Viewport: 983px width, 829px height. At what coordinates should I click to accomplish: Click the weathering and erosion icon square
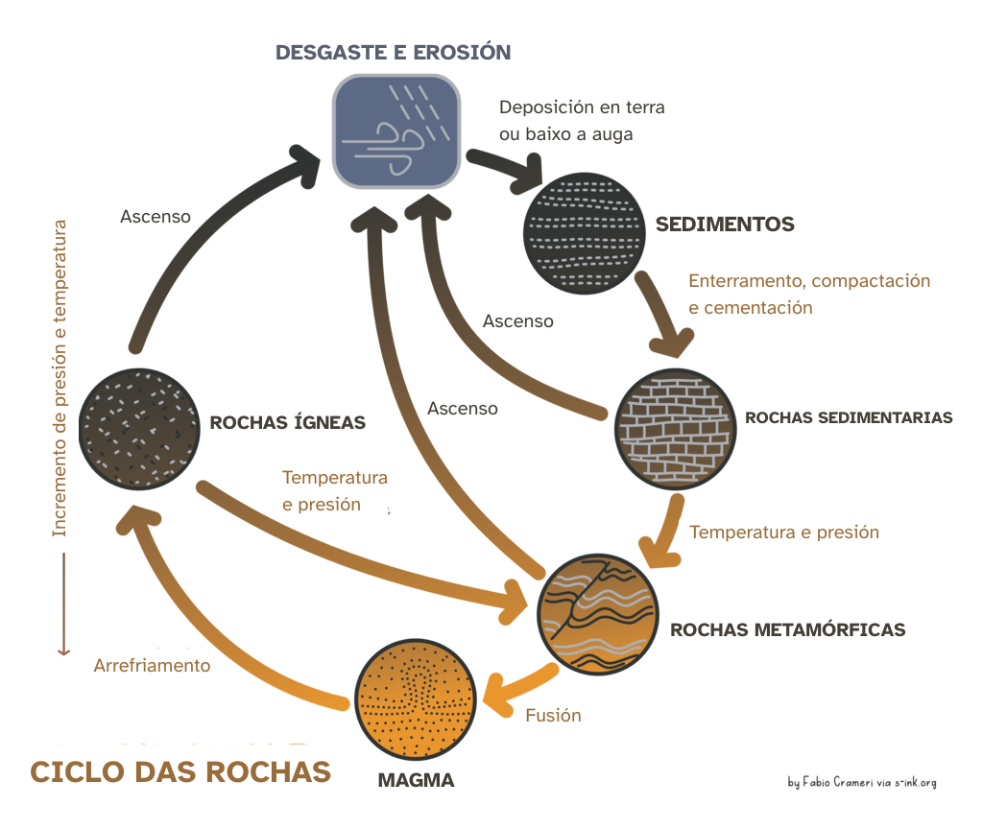(396, 131)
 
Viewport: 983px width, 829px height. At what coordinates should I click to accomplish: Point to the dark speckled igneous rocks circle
(140, 427)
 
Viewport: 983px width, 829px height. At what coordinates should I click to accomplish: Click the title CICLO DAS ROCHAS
(180, 771)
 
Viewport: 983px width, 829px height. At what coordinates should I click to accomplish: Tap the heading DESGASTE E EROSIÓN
(393, 52)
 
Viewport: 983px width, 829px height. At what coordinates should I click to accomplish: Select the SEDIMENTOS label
(725, 225)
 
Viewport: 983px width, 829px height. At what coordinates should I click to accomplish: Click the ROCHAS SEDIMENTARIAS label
(849, 417)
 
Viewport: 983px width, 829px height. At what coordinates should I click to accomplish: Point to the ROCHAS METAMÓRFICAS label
(787, 630)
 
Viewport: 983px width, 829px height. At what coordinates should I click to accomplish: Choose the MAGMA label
(416, 779)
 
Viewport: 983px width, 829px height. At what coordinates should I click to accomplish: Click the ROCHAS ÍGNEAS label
(288, 422)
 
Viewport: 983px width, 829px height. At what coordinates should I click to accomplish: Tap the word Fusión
(553, 715)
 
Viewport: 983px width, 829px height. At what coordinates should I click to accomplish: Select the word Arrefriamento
(152, 665)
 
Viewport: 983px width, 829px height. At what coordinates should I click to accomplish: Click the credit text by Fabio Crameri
(861, 782)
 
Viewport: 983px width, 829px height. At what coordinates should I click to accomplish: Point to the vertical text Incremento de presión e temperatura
(61, 379)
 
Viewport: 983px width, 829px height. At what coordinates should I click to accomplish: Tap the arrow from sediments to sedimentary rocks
(664, 315)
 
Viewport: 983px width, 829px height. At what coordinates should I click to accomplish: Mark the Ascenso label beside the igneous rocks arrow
(156, 217)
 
